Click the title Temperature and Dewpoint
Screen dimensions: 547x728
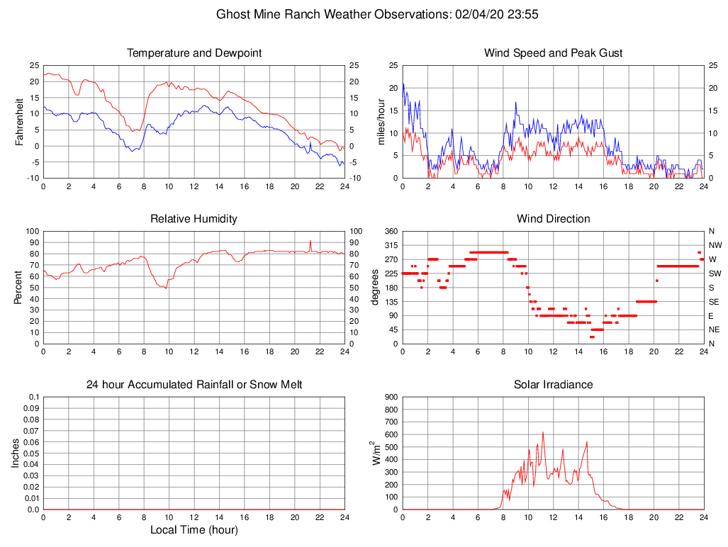[x=194, y=53]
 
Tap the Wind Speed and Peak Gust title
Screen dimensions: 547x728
[x=554, y=53]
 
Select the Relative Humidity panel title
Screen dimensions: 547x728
[x=194, y=219]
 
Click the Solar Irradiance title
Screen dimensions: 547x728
[x=554, y=385]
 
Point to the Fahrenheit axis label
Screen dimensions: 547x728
[x=19, y=122]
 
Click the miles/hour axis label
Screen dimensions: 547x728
[x=381, y=122]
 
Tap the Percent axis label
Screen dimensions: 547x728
[x=19, y=288]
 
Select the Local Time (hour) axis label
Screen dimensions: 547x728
[x=194, y=530]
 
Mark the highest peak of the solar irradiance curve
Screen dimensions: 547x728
[x=543, y=432]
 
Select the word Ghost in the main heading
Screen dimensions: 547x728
[x=234, y=14]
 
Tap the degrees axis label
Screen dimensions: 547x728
[x=375, y=288]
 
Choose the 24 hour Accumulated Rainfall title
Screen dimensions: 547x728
[x=194, y=385]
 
